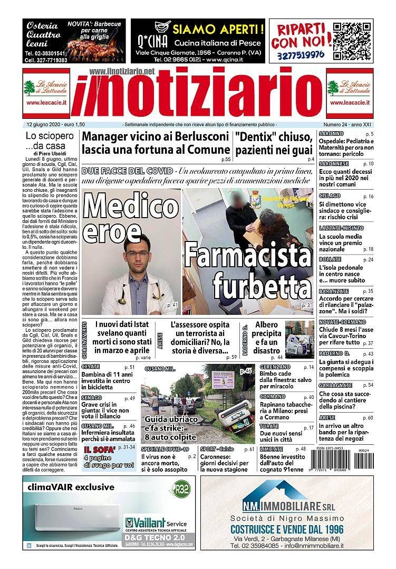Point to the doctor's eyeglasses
138,256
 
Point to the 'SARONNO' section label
330,134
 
